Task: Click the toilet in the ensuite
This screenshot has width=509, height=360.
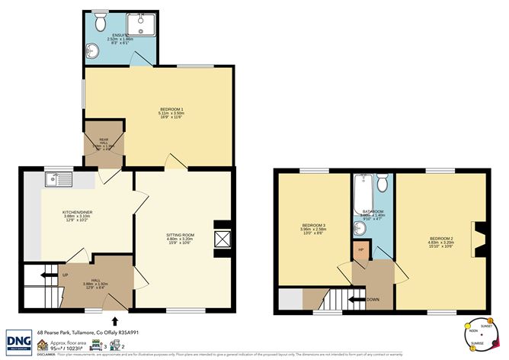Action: tap(98, 22)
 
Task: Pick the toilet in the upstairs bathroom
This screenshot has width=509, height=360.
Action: tap(383, 183)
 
